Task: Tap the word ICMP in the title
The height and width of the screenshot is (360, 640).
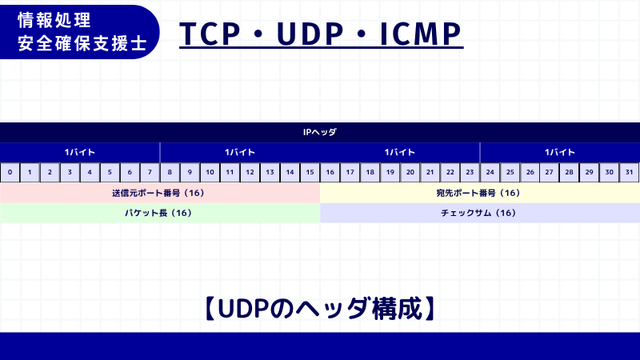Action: (419, 33)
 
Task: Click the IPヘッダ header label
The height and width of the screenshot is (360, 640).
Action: (320, 132)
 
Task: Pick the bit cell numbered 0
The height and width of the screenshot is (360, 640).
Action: (10, 172)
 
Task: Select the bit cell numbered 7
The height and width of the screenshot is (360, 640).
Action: (150, 172)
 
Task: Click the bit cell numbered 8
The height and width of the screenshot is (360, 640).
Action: (170, 172)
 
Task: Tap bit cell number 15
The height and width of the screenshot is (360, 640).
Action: (310, 172)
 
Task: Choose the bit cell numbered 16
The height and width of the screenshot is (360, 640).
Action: (330, 172)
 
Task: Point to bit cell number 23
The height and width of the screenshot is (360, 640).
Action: (470, 172)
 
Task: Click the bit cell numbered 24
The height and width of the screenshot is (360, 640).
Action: (490, 172)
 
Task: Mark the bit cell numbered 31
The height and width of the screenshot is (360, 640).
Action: (630, 172)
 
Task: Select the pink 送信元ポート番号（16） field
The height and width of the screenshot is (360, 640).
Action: (160, 193)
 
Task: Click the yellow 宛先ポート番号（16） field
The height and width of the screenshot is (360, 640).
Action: (480, 193)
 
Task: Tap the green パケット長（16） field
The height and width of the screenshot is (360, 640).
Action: (160, 213)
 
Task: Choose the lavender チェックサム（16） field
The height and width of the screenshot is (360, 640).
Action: (480, 213)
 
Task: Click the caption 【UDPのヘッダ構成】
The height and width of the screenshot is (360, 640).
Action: (320, 308)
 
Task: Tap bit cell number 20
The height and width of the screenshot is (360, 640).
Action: (410, 172)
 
